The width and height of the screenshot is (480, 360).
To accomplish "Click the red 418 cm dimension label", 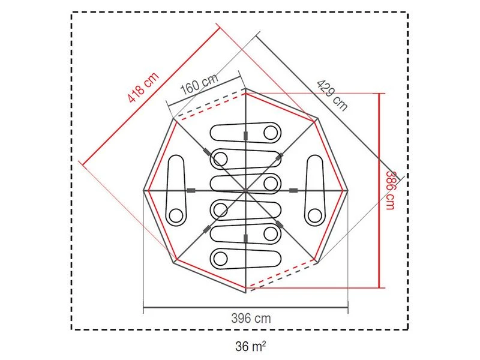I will coord(143,88).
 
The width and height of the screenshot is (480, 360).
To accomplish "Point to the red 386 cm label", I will coord(391,190).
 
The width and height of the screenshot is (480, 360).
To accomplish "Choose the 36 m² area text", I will coord(251,346).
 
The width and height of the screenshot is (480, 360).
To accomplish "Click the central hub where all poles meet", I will coord(246,191).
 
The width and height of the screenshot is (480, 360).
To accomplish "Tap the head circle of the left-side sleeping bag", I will coord(176,215).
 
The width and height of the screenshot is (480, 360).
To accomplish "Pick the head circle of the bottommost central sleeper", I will coord(220,258).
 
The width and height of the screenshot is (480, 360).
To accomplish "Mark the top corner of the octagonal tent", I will coord(246,89).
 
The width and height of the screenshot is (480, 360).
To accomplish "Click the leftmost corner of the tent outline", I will coord(143,191).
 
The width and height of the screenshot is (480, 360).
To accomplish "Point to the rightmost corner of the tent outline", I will coord(349,191).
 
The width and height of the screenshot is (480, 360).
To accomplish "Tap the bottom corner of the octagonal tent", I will coord(246,293).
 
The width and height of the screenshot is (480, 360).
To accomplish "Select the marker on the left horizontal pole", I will coord(191,191).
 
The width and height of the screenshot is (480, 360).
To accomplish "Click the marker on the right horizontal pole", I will coord(293,191).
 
